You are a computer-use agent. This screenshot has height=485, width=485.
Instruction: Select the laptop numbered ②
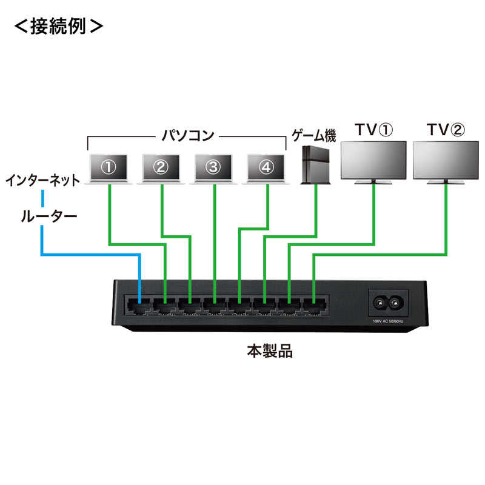(161, 168)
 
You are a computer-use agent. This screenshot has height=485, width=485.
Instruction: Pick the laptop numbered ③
(215, 168)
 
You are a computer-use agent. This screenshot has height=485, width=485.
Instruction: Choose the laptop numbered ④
(267, 168)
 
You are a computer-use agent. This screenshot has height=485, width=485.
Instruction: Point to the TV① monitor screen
(373, 161)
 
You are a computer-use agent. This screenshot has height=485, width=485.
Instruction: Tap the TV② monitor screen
(446, 161)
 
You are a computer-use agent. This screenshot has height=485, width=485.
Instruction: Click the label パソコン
(187, 135)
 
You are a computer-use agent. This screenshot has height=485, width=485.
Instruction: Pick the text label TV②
(446, 130)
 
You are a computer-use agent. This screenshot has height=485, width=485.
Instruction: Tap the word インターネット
(42, 180)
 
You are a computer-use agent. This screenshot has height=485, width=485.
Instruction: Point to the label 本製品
(270, 351)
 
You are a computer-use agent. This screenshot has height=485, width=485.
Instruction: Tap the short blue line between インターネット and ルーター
(43, 198)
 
